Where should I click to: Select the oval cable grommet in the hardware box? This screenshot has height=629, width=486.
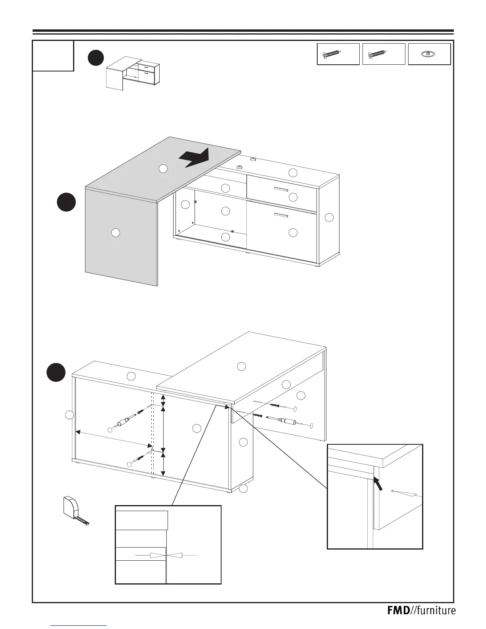(x=430, y=54)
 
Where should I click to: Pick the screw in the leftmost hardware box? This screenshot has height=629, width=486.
(x=333, y=54)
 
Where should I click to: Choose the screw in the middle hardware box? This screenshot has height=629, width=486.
(x=378, y=54)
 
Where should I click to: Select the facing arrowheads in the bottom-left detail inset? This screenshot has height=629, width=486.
(x=167, y=555)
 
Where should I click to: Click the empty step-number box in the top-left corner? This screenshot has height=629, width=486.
(x=53, y=56)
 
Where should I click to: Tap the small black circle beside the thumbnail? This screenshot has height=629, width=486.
(x=96, y=58)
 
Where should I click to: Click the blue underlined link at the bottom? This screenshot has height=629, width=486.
(x=79, y=625)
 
